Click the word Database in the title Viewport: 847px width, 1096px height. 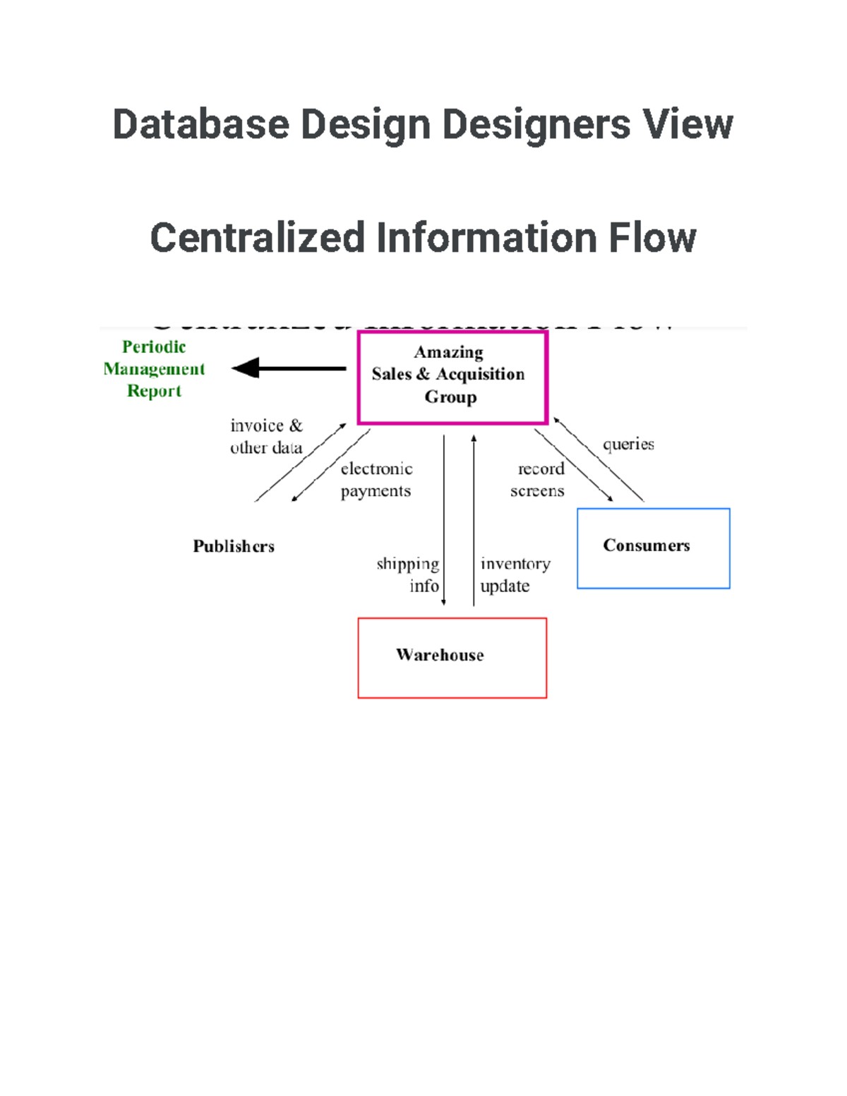tap(200, 125)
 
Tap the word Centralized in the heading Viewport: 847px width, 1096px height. tap(257, 238)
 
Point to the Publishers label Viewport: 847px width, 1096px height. tap(234, 546)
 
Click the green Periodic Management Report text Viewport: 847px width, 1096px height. tap(154, 369)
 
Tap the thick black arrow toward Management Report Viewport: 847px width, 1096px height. tap(289, 368)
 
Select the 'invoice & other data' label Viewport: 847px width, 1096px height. tap(266, 436)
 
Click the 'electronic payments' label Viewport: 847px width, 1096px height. tap(376, 480)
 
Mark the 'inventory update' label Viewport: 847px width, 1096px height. tap(515, 574)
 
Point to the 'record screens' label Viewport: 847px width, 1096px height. tap(538, 480)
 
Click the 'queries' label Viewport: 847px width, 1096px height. tap(628, 444)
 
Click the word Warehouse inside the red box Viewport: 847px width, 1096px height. tap(440, 655)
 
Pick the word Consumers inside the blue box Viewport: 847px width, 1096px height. tap(646, 546)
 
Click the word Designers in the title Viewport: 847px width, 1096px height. tap(536, 125)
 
